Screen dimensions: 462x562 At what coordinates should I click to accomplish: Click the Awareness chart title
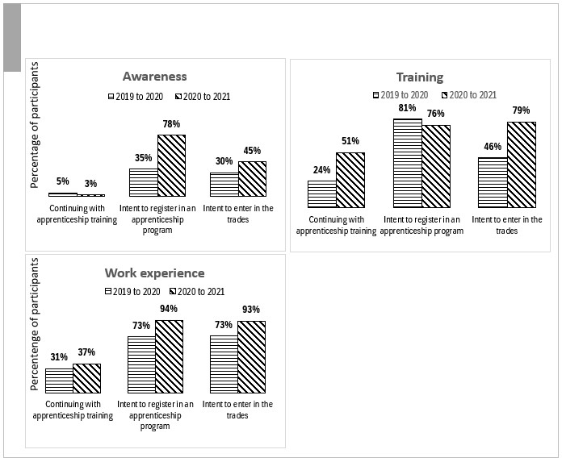pyautogui.click(x=154, y=77)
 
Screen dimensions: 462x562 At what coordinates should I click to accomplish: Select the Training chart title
pyautogui.click(x=419, y=77)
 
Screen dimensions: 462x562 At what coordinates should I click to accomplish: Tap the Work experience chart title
pyautogui.click(x=154, y=273)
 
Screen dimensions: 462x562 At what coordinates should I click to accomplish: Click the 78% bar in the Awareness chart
pyautogui.click(x=171, y=165)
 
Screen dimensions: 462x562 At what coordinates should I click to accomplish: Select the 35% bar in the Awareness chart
pyautogui.click(x=143, y=182)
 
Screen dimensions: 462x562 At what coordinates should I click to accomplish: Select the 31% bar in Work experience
pyautogui.click(x=59, y=381)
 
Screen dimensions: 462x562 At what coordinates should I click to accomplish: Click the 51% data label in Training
pyautogui.click(x=350, y=141)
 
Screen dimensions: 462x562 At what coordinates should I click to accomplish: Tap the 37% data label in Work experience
pyautogui.click(x=86, y=352)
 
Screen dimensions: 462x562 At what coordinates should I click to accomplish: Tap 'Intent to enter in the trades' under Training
pyautogui.click(x=506, y=224)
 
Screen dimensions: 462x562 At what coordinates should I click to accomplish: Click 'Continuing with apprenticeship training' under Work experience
pyautogui.click(x=73, y=410)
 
